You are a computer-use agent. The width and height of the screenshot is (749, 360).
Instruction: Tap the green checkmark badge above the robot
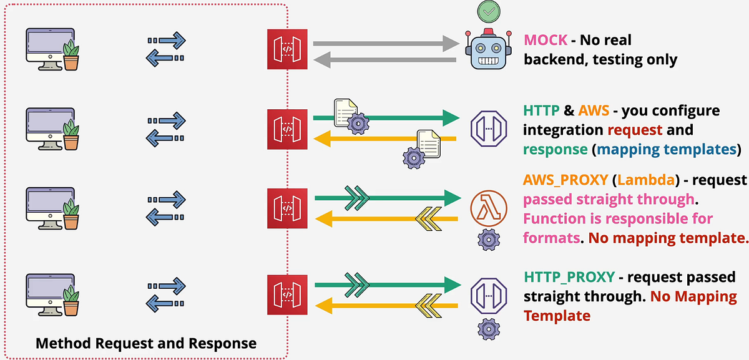click(489, 12)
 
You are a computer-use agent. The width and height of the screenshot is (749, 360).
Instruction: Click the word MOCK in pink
click(546, 41)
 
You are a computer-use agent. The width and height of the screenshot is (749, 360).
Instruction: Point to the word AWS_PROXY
click(565, 180)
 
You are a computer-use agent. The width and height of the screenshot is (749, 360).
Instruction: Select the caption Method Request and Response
click(145, 343)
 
